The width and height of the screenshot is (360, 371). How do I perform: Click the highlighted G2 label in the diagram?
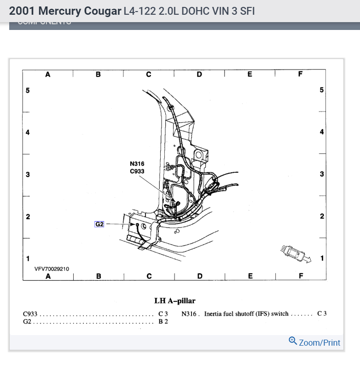[99, 224]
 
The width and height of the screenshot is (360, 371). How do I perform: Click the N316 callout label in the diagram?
[137, 164]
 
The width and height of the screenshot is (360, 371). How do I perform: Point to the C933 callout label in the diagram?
[137, 171]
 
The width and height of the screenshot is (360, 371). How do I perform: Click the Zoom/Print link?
[319, 342]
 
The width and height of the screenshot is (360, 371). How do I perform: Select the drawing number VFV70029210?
[52, 269]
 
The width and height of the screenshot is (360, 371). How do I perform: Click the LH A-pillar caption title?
[175, 301]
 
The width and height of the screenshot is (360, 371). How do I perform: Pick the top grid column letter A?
[48, 74]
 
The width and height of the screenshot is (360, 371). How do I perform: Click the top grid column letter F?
[300, 74]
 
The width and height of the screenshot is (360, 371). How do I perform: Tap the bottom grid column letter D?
[199, 276]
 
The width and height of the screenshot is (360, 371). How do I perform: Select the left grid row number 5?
[28, 90]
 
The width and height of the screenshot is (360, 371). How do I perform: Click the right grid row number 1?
[322, 258]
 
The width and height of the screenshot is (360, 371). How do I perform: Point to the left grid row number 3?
[28, 175]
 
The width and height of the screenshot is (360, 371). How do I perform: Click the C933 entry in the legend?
[30, 314]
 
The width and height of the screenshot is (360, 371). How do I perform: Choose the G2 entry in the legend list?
[27, 321]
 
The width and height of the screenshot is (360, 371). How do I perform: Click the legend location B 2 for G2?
[163, 321]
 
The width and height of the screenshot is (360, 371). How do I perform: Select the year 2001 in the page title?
[22, 11]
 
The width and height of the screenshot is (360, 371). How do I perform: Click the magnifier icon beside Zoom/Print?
[292, 341]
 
